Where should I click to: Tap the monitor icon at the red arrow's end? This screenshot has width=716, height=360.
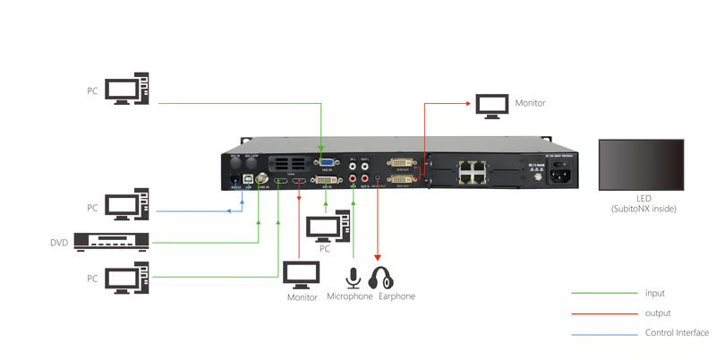click(492, 105)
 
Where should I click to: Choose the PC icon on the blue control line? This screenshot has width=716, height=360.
click(121, 206)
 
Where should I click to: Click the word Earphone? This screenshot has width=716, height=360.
click(396, 296)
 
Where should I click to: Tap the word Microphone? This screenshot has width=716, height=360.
click(350, 296)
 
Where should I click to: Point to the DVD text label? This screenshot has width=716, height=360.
click(59, 243)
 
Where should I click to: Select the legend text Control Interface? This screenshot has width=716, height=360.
click(677, 333)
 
